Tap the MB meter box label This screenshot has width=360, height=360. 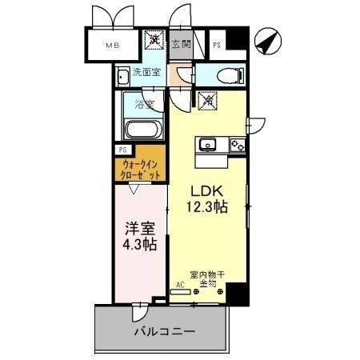tap(111, 46)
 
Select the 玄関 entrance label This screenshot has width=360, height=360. tap(181, 45)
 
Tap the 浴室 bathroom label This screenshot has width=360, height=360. tap(144, 103)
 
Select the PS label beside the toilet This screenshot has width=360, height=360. tap(218, 45)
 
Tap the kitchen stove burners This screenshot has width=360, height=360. tap(237, 145)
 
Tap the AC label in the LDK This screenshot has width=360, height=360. tap(181, 284)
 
